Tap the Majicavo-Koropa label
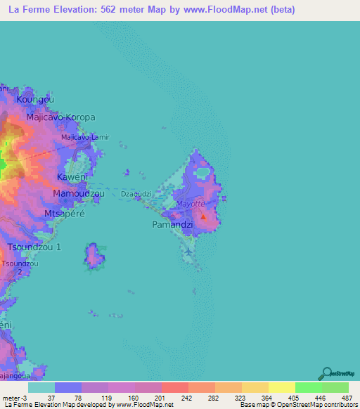60,118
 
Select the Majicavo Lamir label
86,137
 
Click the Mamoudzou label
79,193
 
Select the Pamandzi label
171,225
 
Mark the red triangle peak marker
203,217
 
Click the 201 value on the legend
161,398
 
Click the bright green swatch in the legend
308,387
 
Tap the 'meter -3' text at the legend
14,398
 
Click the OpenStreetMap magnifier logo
326,373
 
